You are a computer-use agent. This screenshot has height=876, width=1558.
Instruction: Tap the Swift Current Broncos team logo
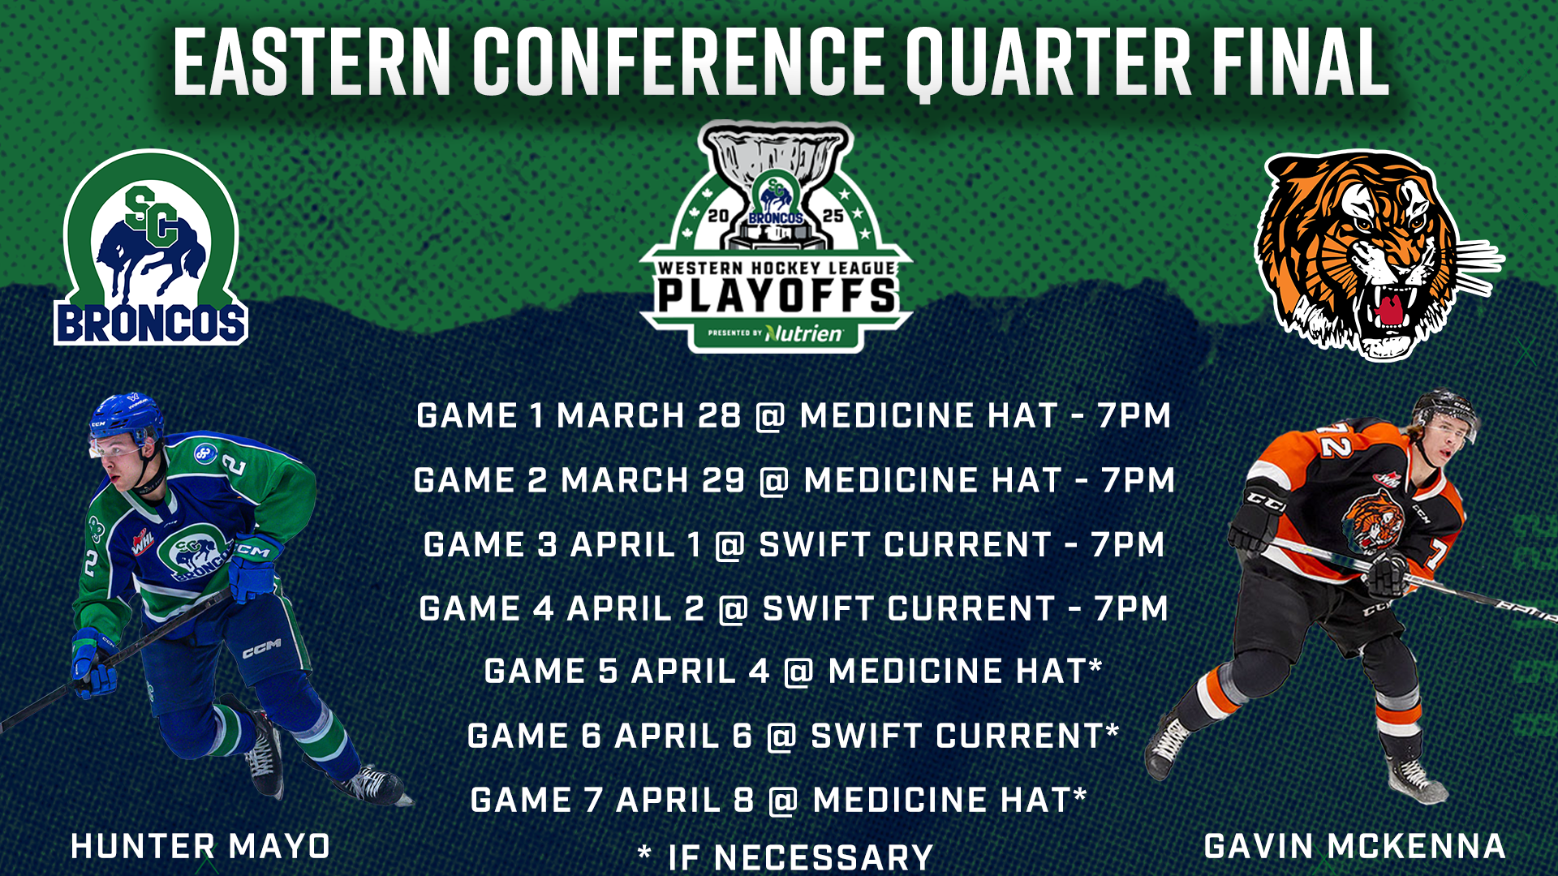click(151, 247)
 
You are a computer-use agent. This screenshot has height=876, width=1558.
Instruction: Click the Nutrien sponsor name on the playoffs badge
click(803, 333)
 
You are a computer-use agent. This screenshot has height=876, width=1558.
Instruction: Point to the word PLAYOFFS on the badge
click(777, 296)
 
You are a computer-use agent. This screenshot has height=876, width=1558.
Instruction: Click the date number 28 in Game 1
click(720, 416)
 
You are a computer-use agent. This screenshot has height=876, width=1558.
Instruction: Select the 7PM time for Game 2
click(1138, 480)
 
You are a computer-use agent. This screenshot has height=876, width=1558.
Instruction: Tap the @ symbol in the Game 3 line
click(730, 545)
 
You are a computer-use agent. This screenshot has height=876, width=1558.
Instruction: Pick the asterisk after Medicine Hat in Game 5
click(1095, 666)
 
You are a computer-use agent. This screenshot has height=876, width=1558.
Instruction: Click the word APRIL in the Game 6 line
click(667, 736)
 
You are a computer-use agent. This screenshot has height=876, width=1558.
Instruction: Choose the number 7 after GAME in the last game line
click(593, 801)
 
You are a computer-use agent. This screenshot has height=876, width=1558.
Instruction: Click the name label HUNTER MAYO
click(200, 847)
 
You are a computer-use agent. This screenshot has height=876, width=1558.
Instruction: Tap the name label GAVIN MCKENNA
click(1354, 847)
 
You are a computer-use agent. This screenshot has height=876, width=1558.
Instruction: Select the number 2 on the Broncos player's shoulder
click(235, 465)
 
